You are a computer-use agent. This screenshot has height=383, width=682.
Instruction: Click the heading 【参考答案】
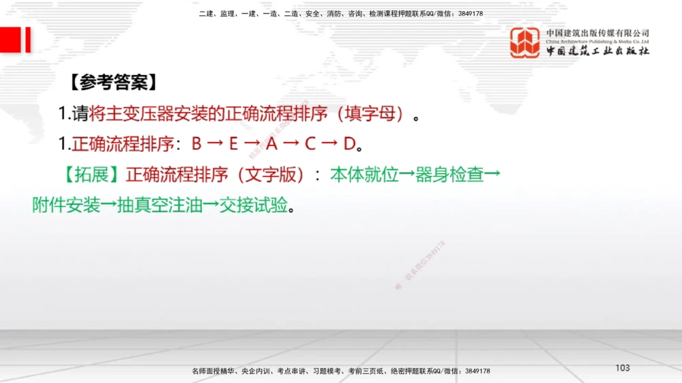coord(113,82)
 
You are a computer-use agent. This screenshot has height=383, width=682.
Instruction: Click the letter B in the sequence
coord(196,144)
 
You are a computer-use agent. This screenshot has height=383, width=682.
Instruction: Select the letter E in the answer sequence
coord(233,144)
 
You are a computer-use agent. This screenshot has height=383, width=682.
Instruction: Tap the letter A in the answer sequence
coord(271,144)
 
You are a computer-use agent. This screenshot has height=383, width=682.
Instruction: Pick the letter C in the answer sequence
coord(310,144)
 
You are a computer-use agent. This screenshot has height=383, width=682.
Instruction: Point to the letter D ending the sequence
coord(349,144)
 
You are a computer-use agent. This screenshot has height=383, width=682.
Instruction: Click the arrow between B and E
coord(215,144)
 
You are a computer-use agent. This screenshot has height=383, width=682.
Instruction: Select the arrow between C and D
coord(330,144)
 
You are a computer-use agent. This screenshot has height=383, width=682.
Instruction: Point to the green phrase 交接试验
coord(253,205)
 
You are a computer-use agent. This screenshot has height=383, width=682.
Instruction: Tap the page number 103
coord(622,368)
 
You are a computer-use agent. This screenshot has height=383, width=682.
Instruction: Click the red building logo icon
coord(525,42)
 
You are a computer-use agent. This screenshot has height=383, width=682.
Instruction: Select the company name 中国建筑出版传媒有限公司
coord(597,33)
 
